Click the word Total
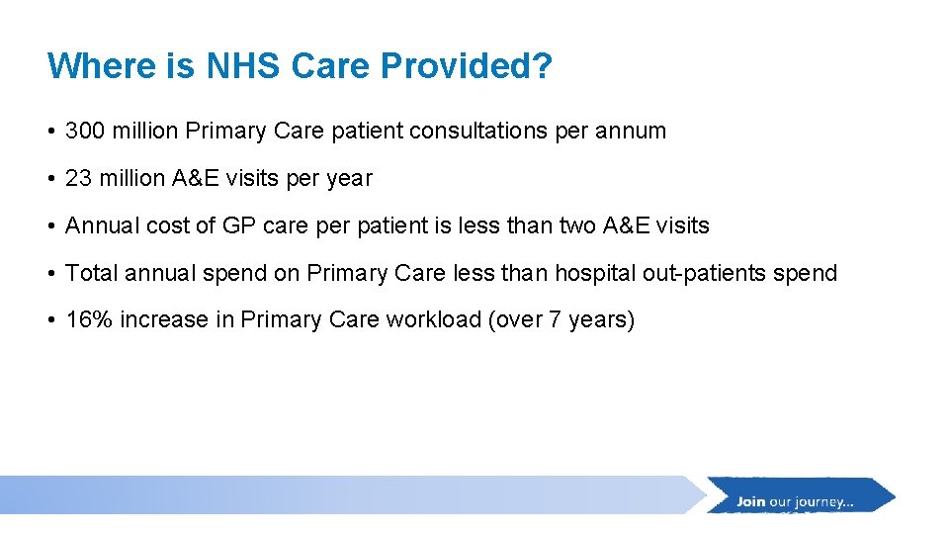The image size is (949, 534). point(88,273)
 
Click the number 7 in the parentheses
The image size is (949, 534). point(555,320)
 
